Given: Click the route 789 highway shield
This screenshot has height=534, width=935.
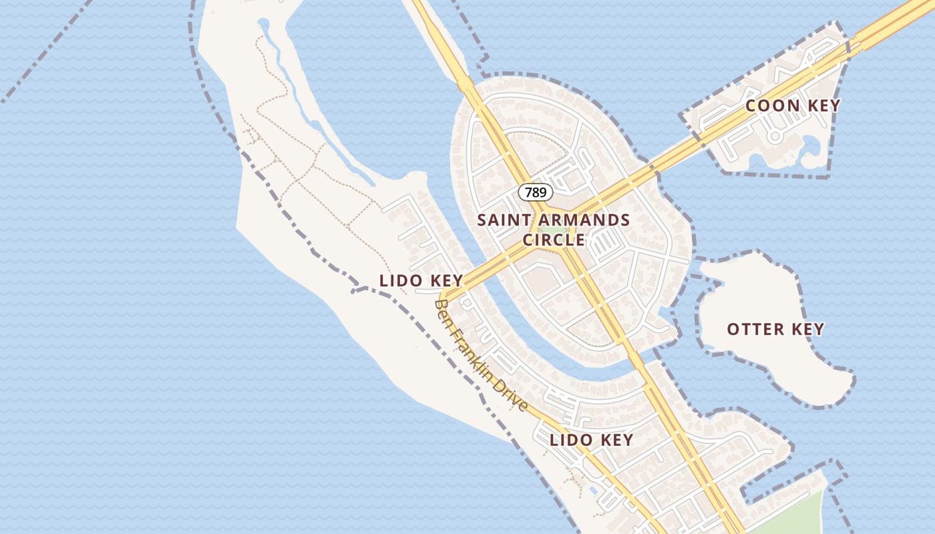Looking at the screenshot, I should pos(536,193).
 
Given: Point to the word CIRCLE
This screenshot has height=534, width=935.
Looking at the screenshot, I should pos(554,240).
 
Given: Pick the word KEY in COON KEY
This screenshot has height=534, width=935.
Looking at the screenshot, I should pos(823,105).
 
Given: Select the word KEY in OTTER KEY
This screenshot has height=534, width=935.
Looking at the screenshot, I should pos(807,329).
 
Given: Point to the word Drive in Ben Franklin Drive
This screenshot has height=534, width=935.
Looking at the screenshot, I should pos(512,395).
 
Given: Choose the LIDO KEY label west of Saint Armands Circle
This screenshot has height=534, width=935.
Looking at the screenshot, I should pos(421,280).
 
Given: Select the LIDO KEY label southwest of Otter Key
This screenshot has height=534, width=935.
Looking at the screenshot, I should pos(591,440).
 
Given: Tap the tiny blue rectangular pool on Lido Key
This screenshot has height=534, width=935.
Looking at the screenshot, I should pos(594,491).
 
